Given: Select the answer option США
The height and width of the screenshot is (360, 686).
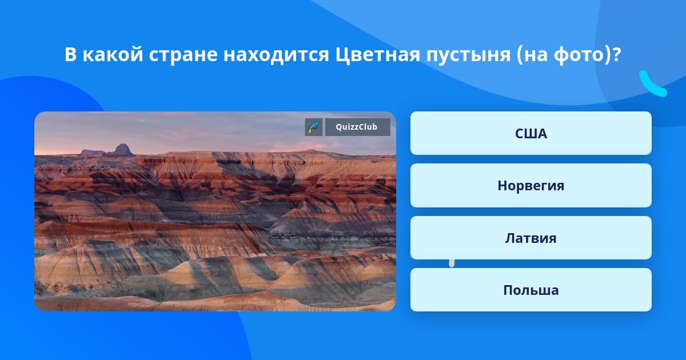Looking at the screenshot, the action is [x=531, y=134].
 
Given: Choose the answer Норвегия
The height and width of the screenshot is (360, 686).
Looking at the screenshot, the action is [x=531, y=186].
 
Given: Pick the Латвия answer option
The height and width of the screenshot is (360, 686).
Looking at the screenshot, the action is [x=531, y=238].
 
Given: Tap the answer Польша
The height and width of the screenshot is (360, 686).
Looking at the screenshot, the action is [x=531, y=290].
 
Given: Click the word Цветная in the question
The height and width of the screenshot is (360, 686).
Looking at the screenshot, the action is [x=377, y=55].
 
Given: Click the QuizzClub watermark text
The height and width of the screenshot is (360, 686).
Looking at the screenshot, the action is [x=357, y=127].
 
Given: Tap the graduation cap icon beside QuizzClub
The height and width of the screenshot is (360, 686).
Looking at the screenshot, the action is [x=314, y=127].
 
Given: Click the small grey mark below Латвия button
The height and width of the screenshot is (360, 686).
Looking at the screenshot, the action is [x=452, y=263].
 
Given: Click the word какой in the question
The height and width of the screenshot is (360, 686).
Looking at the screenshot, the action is [x=113, y=55].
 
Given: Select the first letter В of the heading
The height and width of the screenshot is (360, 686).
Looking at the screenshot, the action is [x=70, y=54].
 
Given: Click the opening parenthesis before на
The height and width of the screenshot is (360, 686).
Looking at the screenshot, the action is [x=520, y=55].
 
